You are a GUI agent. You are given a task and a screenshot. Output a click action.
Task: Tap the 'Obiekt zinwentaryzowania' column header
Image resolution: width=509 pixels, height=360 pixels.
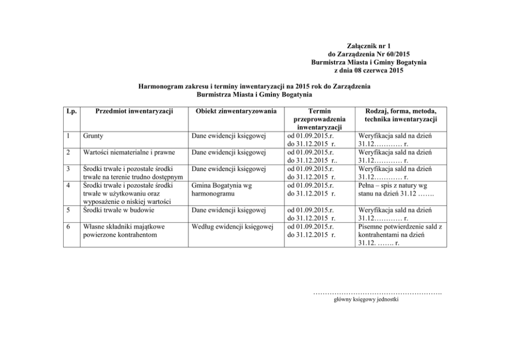[233, 111]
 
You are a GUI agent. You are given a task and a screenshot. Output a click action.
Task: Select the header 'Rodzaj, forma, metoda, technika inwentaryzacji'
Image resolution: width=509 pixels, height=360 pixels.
[401, 115]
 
